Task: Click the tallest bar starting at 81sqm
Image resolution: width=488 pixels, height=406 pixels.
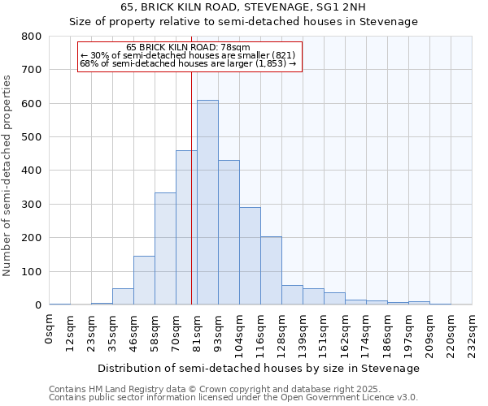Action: pyautogui.click(x=207, y=202)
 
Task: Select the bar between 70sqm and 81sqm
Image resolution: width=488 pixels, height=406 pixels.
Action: pyautogui.click(x=186, y=227)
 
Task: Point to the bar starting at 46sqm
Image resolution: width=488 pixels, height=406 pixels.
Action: pyautogui.click(x=144, y=280)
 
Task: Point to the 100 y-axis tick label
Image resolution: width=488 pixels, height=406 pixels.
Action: pyautogui.click(x=32, y=271)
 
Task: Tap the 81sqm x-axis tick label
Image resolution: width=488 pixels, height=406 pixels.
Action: pyautogui.click(x=198, y=331)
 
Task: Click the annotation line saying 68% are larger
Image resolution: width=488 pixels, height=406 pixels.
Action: pyautogui.click(x=189, y=63)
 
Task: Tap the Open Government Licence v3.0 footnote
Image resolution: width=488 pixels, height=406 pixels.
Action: pyautogui.click(x=233, y=397)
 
